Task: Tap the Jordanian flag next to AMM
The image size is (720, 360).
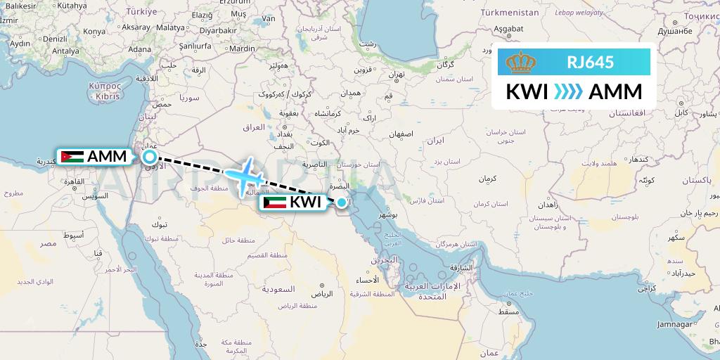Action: pyautogui.click(x=72, y=157)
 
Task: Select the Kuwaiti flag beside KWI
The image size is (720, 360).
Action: pyautogui.click(x=274, y=202)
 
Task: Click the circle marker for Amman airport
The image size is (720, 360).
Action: pyautogui.click(x=150, y=157)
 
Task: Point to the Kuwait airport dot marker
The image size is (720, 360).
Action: pyautogui.click(x=341, y=202)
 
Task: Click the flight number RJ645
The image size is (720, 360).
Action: pyautogui.click(x=591, y=63)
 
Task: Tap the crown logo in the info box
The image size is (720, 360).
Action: pyautogui.click(x=520, y=63)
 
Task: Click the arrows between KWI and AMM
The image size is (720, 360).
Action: pyautogui.click(x=567, y=92)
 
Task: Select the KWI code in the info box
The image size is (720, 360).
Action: pyautogui.click(x=527, y=92)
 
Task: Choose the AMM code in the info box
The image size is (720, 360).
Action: pyautogui.click(x=615, y=92)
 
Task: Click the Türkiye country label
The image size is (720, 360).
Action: pyautogui.click(x=141, y=12)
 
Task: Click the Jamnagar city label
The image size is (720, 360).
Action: pyautogui.click(x=675, y=324)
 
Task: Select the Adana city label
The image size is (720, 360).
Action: pyautogui.click(x=140, y=49)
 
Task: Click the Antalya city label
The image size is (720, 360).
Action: pyautogui.click(x=65, y=51)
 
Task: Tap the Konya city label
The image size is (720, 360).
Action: pyautogui.click(x=94, y=32)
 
